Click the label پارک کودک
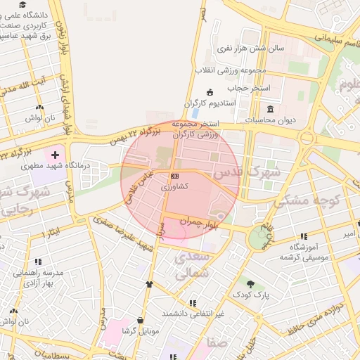pyautogui.click(x=251, y=296)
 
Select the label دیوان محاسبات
pyautogui.click(x=271, y=120)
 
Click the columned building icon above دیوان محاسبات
pyautogui.click(x=271, y=109)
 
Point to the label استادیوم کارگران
pyautogui.click(x=210, y=103)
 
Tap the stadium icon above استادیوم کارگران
pyautogui.click(x=210, y=92)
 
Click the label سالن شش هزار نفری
pyautogui.click(x=249, y=49)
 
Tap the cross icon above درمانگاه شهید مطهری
pyautogui.click(x=55, y=153)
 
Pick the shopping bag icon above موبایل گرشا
pyautogui.click(x=141, y=320)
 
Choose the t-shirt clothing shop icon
pyautogui.click(x=149, y=284)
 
